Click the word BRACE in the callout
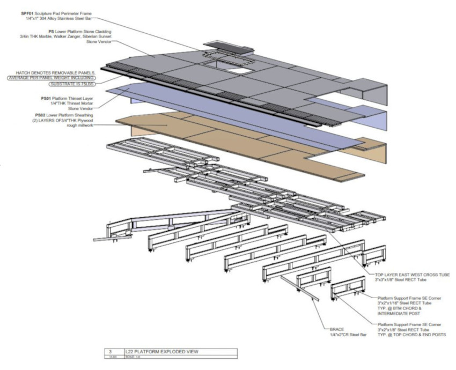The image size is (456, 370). click(x=338, y=329)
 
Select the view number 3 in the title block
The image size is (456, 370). click(x=110, y=351)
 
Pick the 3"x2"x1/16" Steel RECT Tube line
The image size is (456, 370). click(x=396, y=302)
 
